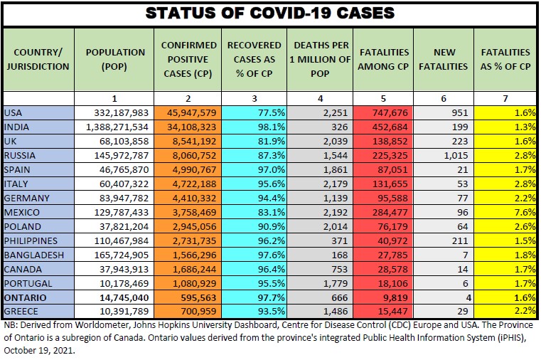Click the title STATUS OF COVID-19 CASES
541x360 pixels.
coord(270,14)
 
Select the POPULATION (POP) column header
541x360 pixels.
coord(114,59)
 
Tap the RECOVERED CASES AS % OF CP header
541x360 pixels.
coord(255,59)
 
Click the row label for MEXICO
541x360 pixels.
coord(21,212)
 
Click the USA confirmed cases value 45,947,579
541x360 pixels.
coord(188,112)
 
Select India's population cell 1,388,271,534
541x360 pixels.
coord(114,127)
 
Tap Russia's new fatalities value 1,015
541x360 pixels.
coord(455,154)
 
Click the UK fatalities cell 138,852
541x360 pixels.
coord(388,141)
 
